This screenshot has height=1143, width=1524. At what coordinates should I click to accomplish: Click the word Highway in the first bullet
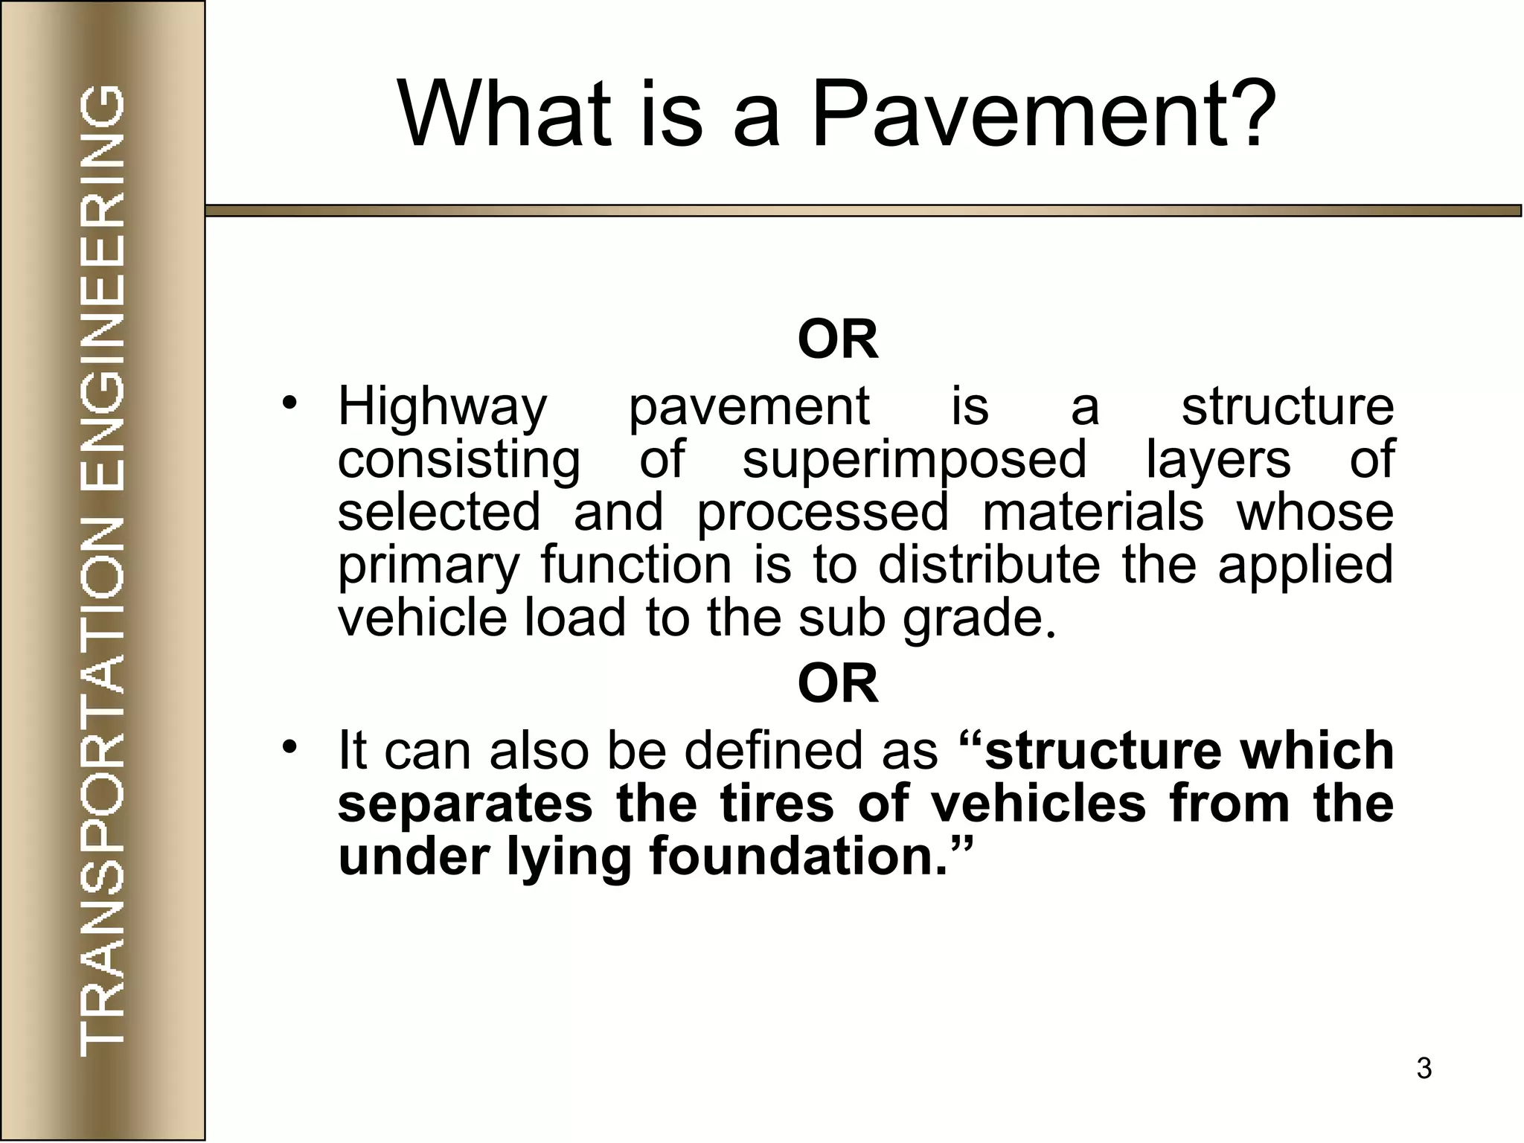[443, 407]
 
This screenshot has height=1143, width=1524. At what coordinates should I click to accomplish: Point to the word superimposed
[915, 461]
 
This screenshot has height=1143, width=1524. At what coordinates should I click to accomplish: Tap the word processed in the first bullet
[823, 513]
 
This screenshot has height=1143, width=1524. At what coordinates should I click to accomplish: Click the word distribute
[989, 565]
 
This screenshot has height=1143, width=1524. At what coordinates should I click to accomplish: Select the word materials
[1093, 513]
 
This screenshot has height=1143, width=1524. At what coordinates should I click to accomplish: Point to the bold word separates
[465, 804]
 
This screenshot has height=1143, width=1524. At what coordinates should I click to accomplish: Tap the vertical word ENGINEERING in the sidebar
[102, 290]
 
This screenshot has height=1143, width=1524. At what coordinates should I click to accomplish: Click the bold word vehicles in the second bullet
[1039, 804]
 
